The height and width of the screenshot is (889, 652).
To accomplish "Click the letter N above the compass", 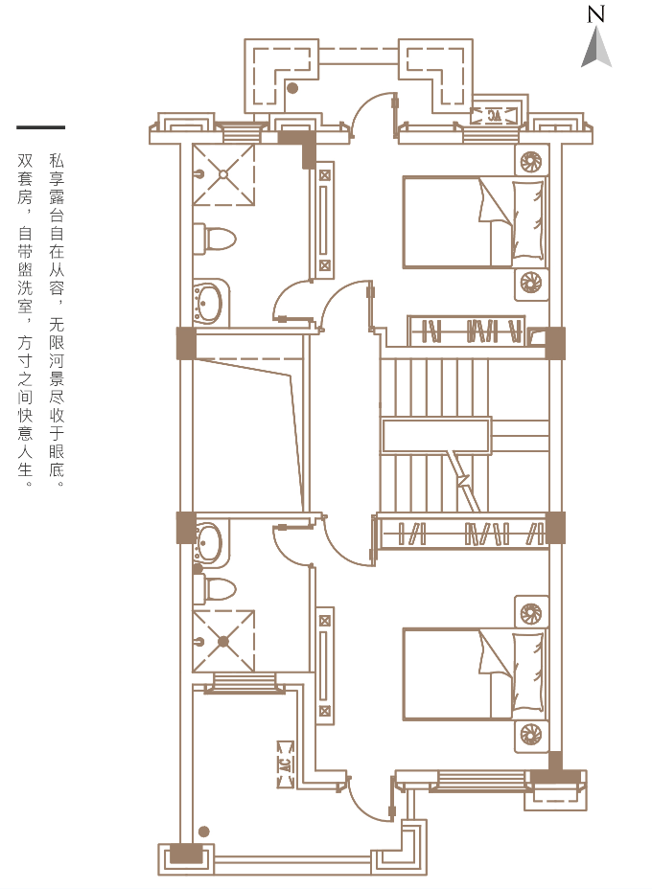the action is [595, 14].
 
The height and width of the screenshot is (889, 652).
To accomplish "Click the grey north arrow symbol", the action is [595, 47].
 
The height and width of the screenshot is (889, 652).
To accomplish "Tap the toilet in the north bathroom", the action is [214, 239].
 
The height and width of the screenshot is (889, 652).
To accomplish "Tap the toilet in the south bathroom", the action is [214, 589].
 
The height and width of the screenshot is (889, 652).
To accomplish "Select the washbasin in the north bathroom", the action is [211, 302].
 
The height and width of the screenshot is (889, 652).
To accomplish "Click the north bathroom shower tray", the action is [223, 174].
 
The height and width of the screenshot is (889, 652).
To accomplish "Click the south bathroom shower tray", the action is [223, 641].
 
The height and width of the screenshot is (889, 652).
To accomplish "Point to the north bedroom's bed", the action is [475, 221].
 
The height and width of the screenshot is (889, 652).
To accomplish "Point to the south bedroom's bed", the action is [475, 674].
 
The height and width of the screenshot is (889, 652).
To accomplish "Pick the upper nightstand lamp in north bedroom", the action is [532, 162].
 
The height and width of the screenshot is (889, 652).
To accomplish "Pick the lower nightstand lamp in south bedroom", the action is [532, 735].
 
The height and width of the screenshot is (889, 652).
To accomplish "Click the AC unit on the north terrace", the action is [494, 116].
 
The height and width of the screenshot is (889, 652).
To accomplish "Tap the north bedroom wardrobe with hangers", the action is [466, 331].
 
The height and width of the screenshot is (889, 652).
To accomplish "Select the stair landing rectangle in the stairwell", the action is [436, 436].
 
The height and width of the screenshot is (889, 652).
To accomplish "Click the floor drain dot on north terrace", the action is [292, 88].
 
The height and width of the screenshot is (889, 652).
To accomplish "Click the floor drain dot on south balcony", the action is [204, 832].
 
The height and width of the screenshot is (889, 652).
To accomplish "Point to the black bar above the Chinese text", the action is [41, 127].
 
